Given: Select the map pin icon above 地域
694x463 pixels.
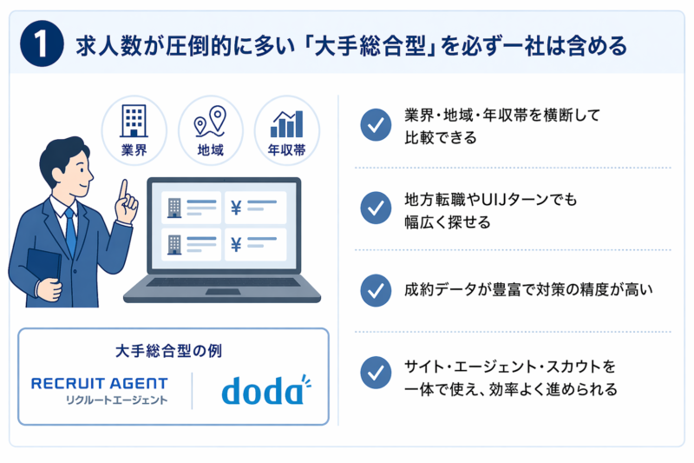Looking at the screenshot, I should [x=210, y=122].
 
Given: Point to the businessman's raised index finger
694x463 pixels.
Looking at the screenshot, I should [x=125, y=187].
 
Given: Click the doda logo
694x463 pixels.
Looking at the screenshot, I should [x=263, y=391].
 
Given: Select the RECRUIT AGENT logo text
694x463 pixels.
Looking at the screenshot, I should [x=100, y=383].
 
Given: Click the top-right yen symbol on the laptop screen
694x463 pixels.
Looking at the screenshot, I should [x=236, y=207].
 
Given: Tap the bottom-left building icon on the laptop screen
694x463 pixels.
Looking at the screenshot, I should [x=173, y=244].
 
